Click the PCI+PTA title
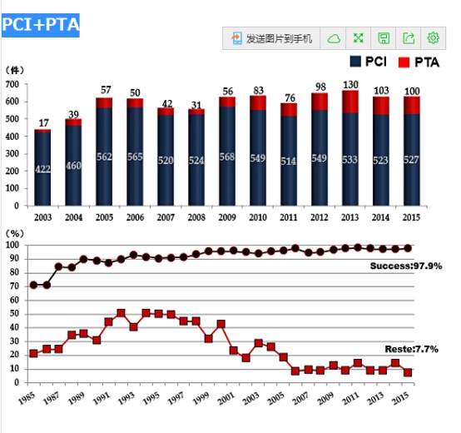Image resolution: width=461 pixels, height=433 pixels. (41, 25)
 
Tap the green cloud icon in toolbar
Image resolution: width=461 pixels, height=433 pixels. (334, 38)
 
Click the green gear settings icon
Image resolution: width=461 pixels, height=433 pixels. (433, 38)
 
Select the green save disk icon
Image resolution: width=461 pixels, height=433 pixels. (384, 38)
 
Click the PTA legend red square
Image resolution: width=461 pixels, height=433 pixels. (404, 62)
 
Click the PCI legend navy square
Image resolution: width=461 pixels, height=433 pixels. (355, 62)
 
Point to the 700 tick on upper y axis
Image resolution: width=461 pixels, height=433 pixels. (12, 85)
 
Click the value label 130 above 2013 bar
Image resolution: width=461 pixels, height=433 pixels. (350, 85)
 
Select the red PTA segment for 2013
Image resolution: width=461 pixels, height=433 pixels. (350, 102)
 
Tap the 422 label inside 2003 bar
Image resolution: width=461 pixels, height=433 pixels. (42, 169)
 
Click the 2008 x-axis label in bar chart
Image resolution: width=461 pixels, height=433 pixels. (196, 217)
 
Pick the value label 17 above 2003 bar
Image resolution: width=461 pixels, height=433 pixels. (43, 123)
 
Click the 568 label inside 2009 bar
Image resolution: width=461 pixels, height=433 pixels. (227, 157)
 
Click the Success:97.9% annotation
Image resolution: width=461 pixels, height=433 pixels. (406, 266)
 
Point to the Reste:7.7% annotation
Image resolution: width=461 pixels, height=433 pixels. (412, 349)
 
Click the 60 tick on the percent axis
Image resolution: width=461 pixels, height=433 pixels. (14, 300)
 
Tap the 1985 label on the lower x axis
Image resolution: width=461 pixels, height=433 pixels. (27, 398)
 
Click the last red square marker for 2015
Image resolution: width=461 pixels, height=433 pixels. (408, 372)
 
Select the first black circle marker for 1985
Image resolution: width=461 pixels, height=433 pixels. (33, 285)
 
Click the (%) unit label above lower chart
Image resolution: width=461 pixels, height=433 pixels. (15, 234)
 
